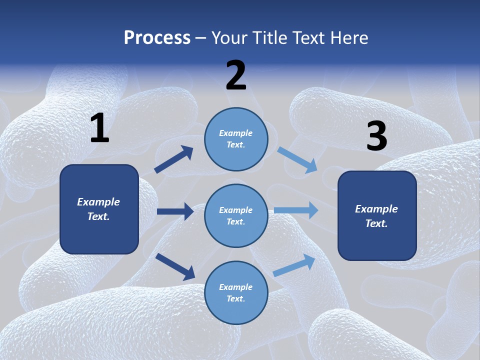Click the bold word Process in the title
coord(157,38)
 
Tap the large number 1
coord(99,128)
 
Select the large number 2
coord(236,75)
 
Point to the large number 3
coord(376,136)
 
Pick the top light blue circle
coord(236,139)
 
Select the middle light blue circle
coord(236,215)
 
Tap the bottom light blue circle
coord(236,292)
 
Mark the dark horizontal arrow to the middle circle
coord(175,211)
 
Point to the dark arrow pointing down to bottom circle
coord(175,266)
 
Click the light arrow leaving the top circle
coord(297,160)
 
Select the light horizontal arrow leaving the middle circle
coord(296,210)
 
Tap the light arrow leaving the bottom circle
coord(294,265)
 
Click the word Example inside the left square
coord(98,202)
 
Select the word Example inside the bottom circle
coord(235,287)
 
